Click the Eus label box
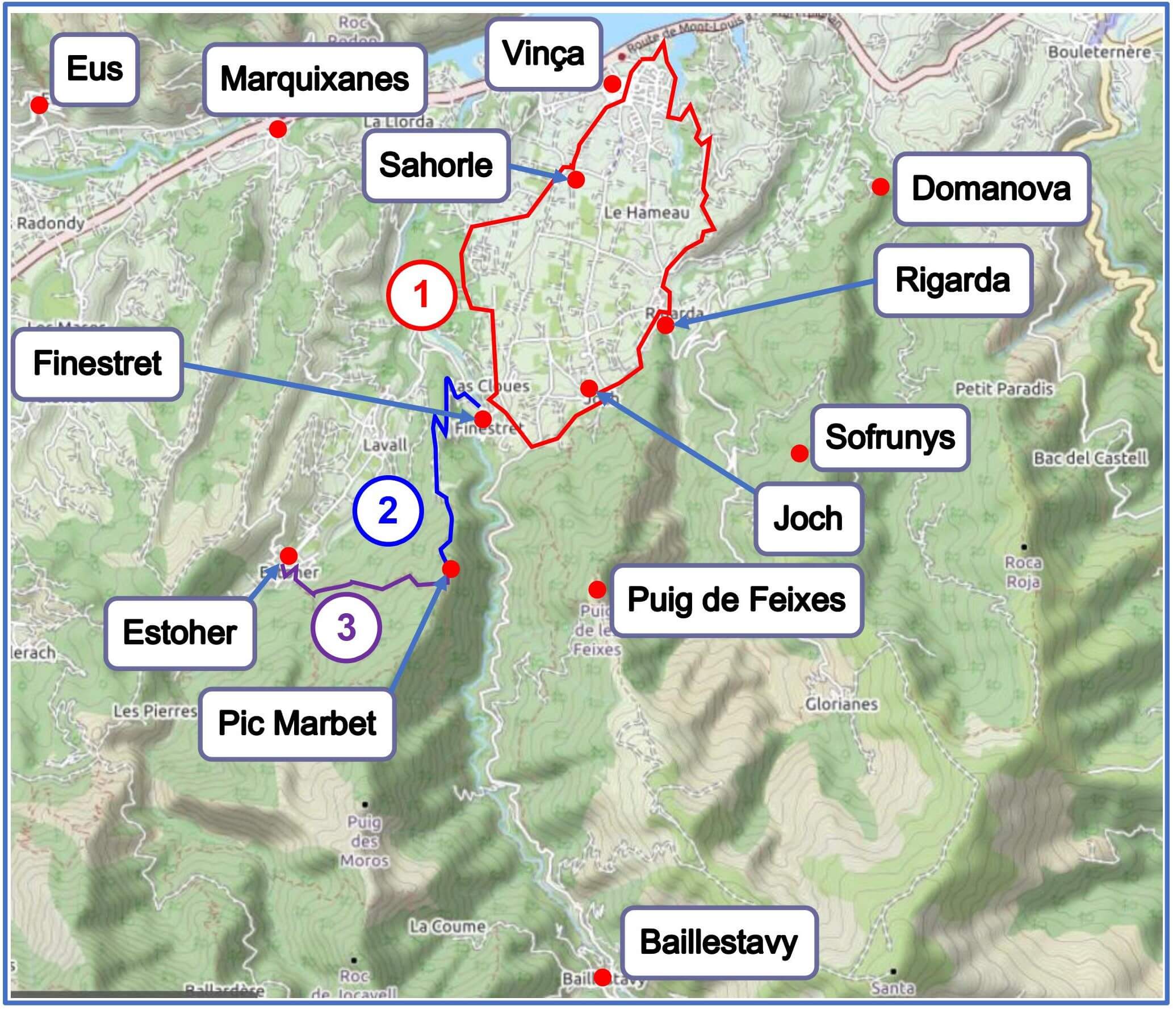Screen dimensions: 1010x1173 click(95, 69)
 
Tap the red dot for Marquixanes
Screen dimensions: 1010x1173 click(278, 129)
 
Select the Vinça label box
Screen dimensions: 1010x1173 click(543, 54)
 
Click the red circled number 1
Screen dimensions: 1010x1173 click(421, 295)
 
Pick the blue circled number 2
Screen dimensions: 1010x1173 click(388, 510)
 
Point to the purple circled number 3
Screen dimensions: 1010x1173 click(346, 628)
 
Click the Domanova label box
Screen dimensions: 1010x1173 click(991, 189)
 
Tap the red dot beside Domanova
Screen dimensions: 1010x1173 click(880, 186)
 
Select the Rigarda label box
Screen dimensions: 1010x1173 click(952, 280)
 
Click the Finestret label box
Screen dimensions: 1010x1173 click(98, 363)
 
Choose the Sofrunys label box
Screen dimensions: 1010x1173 click(890, 438)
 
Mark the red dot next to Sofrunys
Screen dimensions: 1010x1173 click(799, 453)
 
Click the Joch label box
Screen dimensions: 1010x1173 click(808, 518)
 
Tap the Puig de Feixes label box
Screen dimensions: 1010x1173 click(736, 600)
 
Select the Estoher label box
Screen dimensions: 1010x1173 click(179, 632)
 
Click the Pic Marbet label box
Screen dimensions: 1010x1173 click(297, 723)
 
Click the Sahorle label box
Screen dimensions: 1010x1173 click(435, 166)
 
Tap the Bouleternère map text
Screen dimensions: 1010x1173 click(1099, 52)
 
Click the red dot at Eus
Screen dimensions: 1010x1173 click(39, 105)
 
